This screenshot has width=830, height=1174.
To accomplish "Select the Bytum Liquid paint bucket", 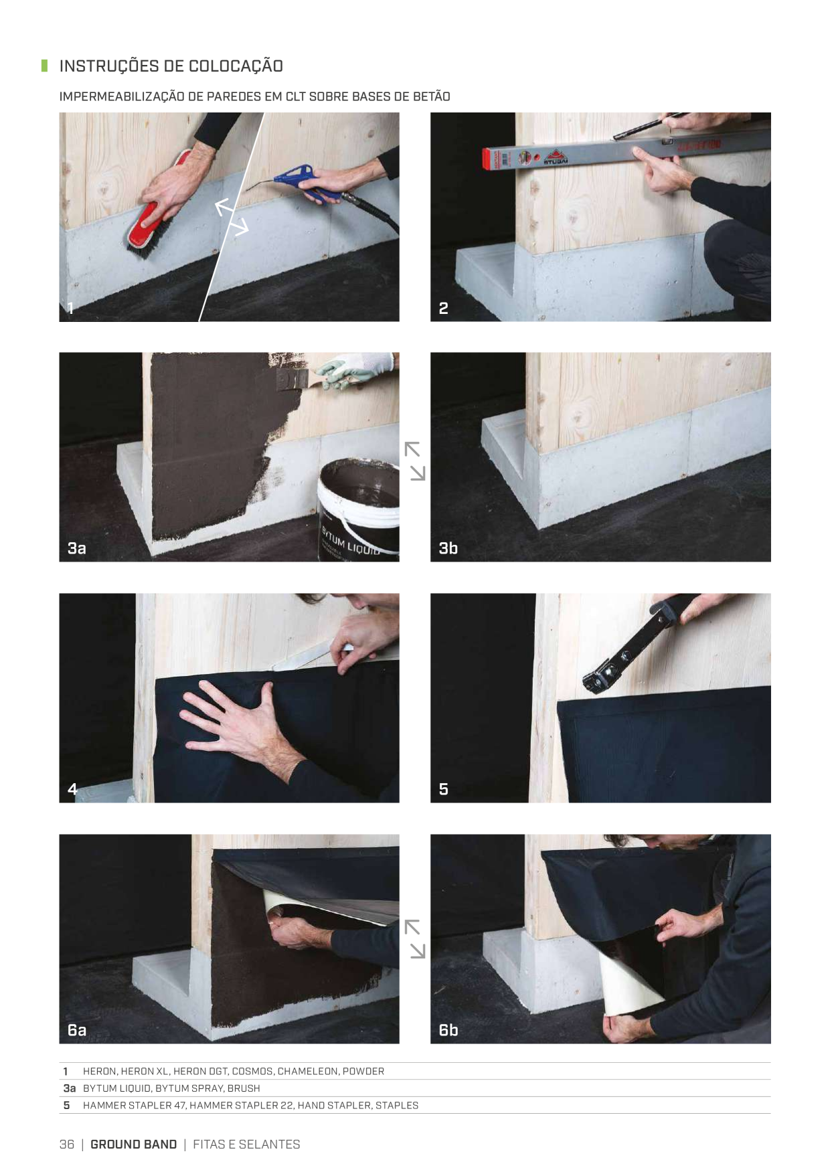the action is point(357,509).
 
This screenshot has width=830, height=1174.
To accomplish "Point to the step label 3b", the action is point(448,548).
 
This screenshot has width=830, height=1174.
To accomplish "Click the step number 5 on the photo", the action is point(443,789).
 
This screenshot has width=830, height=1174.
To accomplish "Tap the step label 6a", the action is point(77,1029).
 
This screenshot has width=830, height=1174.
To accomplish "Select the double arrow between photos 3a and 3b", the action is point(414,460).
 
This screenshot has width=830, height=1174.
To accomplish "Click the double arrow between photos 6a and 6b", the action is point(414,938).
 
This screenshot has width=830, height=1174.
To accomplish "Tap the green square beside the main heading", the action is point(44,66).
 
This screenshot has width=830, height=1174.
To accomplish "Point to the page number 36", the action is point(67,1145).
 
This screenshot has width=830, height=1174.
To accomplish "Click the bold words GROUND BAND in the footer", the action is point(134,1145).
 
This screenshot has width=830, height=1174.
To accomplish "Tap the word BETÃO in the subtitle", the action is point(431,96).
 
